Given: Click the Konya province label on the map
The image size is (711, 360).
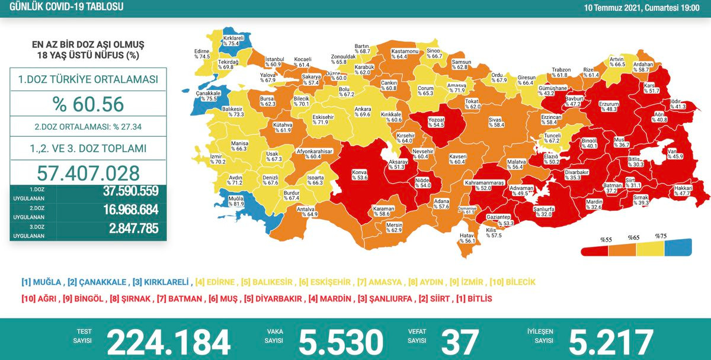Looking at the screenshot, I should (360, 174).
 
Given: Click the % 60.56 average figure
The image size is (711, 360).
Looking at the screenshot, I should (88, 104).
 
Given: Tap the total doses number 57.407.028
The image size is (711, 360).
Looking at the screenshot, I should (88, 172).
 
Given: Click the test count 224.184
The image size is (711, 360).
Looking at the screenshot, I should (168, 342).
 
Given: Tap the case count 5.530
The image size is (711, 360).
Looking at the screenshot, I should (341, 342).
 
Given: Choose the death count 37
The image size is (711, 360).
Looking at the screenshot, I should (459, 342).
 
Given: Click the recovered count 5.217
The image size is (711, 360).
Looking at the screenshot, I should (611, 342).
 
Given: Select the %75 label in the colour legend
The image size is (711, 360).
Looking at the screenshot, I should (661, 236).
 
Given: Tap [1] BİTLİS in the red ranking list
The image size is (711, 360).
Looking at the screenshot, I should (470, 299).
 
